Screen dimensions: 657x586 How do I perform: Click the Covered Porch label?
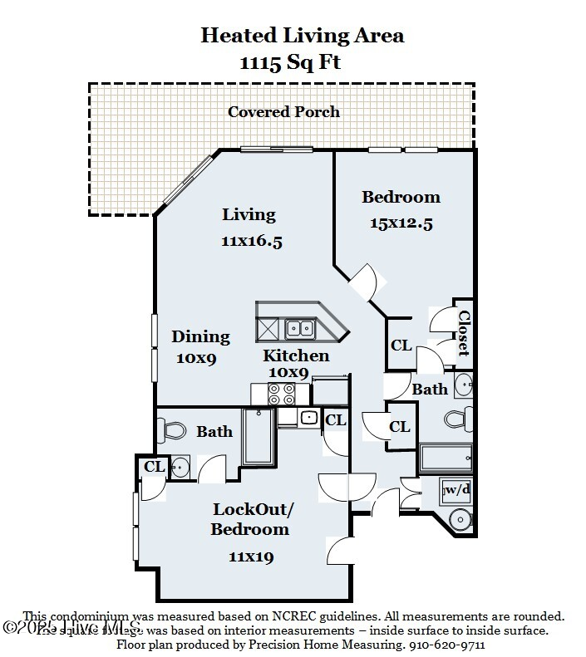tap(283, 112)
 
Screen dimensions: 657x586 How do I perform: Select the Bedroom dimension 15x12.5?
tap(401, 223)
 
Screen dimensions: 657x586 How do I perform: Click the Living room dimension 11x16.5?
tap(252, 241)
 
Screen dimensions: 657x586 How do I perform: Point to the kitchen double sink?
tap(299, 328)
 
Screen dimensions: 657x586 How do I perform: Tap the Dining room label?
tap(200, 336)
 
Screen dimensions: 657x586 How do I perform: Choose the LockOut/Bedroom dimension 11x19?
tap(250, 556)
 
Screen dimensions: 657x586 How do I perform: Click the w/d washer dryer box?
tap(456, 490)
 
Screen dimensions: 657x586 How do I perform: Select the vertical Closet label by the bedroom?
tap(464, 333)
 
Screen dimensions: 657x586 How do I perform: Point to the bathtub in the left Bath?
tap(258, 437)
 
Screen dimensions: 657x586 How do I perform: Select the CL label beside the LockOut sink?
tap(155, 467)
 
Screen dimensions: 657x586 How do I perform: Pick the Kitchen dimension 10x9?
tap(288, 373)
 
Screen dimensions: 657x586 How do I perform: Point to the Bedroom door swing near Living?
tap(364, 283)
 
